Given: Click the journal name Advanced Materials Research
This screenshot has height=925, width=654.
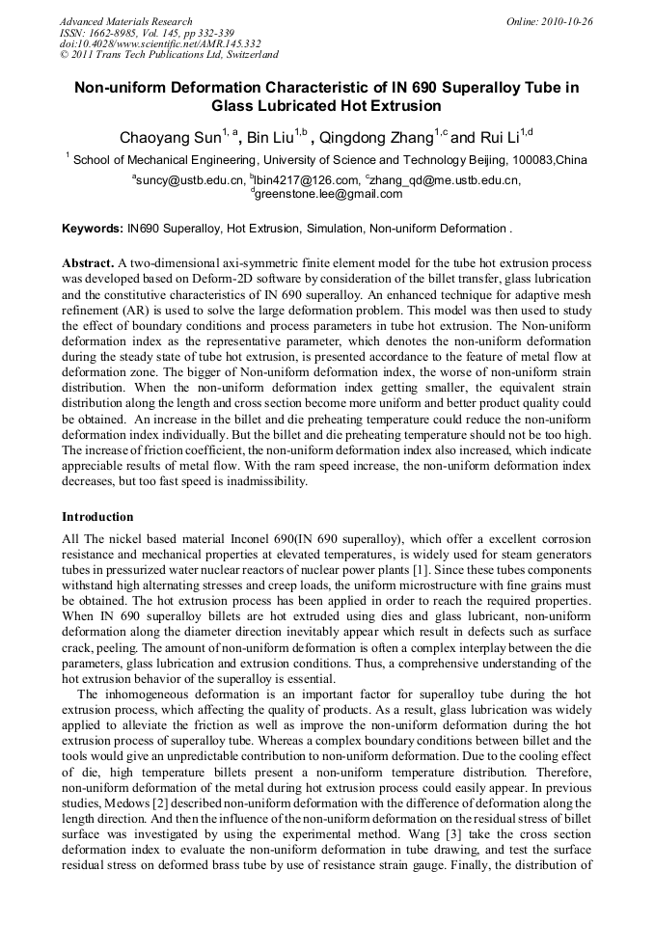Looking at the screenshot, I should coord(125,21).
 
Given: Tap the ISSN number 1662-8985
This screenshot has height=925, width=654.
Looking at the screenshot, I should coord(112,32).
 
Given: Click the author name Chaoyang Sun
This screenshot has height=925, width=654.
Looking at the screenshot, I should coord(157,137).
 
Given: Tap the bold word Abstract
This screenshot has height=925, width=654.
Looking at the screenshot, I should coord(88,262).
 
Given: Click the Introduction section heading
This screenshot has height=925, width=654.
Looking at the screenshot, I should coord(97,516).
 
